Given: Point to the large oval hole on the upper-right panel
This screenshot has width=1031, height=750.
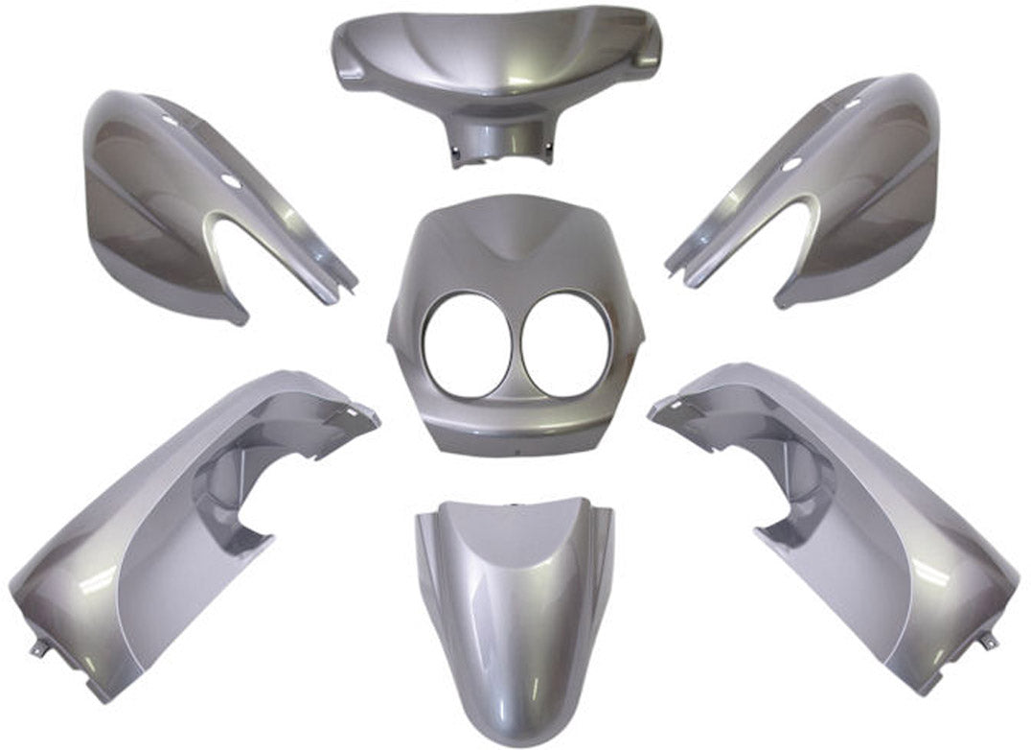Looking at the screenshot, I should pos(791,165).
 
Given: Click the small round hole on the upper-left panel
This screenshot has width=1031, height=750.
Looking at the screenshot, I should pos(170,120).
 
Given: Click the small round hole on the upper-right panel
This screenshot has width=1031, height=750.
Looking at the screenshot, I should pos(852,104).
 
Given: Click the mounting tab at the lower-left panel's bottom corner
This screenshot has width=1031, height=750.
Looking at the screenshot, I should pos(38,649).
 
